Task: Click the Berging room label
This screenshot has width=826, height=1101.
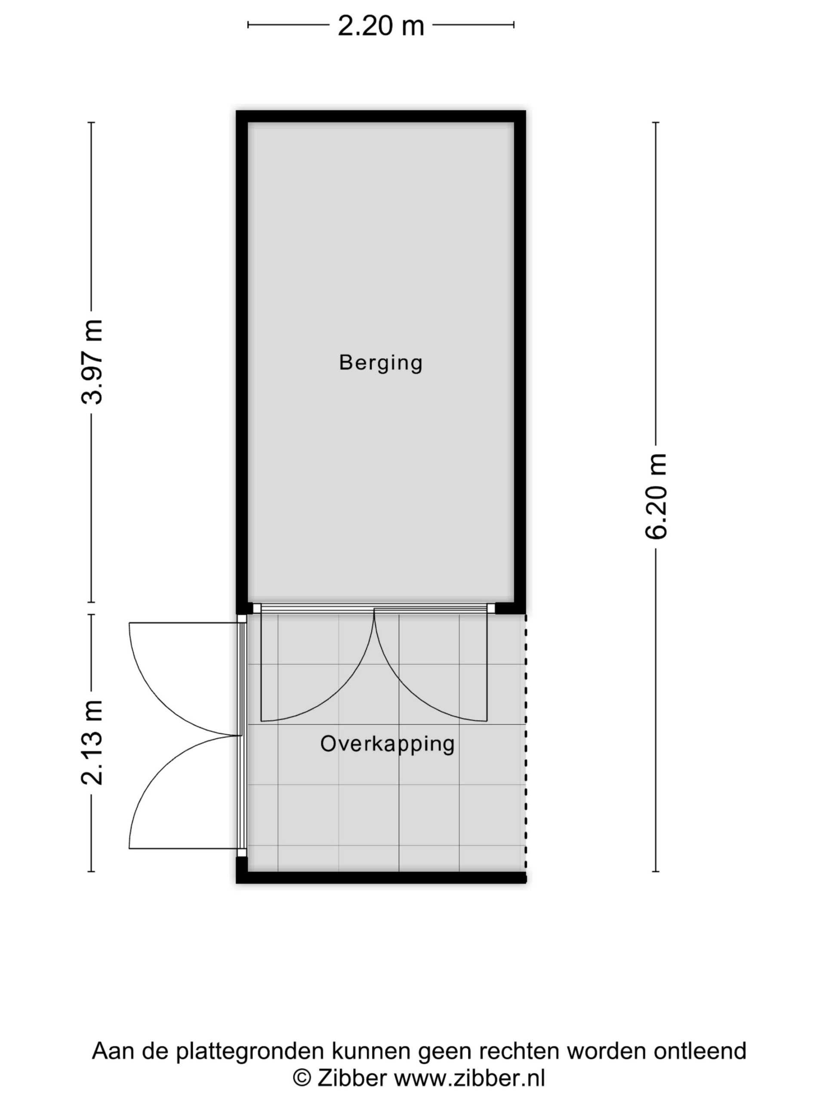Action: coord(380,363)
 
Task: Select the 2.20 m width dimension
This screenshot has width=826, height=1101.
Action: coord(381,25)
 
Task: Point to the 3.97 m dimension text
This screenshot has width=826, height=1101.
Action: coord(92,362)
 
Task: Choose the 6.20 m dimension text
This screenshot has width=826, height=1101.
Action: coord(656,496)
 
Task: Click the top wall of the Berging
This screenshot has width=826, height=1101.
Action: coord(381,116)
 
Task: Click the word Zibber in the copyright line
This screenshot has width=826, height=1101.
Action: coord(351,1078)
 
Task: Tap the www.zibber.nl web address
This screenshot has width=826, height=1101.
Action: coord(469,1078)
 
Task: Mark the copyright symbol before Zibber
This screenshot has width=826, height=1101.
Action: coord(301,1079)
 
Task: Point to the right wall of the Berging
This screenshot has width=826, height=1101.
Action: coord(520,362)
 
